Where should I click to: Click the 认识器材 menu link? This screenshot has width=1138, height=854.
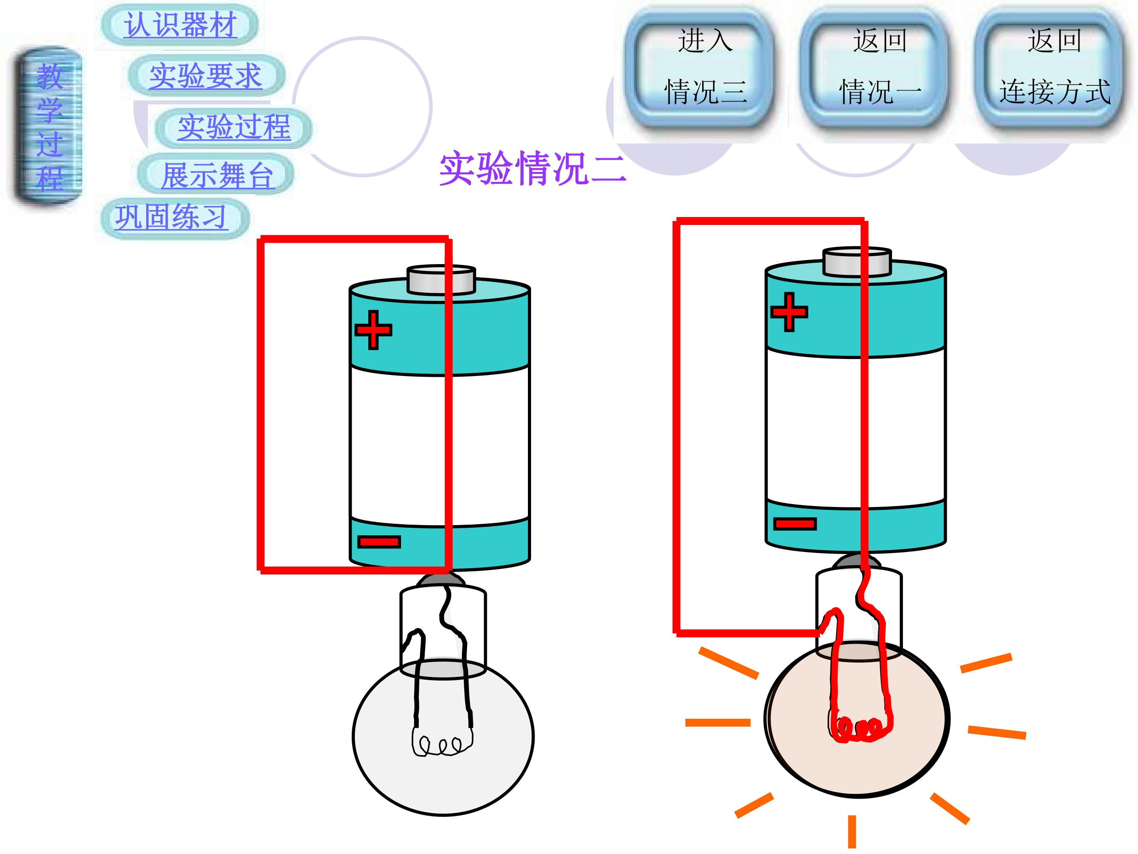click(180, 25)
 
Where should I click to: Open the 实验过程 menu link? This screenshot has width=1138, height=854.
click(234, 127)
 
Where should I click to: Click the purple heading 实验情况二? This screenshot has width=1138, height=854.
click(533, 168)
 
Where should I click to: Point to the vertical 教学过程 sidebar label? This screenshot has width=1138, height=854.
click(49, 127)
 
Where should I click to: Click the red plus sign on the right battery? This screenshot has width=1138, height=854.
click(789, 312)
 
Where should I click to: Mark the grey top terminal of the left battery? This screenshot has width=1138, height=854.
click(441, 280)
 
